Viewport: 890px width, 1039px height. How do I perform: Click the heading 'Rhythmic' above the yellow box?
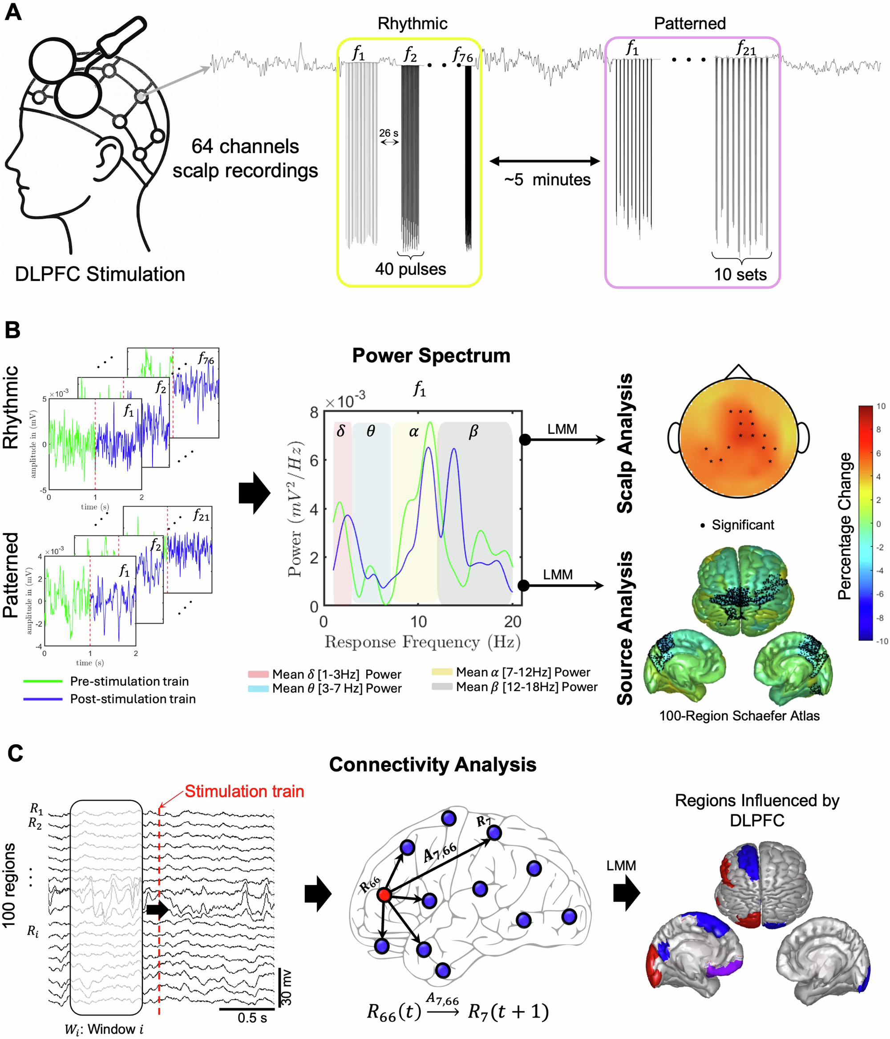click(x=412, y=24)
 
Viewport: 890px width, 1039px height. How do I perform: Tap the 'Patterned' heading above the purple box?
click(x=690, y=24)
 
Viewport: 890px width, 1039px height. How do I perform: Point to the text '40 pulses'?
click(x=410, y=269)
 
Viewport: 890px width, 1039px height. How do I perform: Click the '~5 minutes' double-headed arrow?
click(x=545, y=161)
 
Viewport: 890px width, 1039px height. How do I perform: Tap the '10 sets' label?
click(x=740, y=274)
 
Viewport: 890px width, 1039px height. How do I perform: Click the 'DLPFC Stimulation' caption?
click(x=100, y=274)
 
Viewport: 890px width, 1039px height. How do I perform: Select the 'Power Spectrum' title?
click(x=431, y=355)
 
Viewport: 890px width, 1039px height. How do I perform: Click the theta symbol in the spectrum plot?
click(x=370, y=431)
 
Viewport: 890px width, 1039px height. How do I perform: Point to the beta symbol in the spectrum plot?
click(x=473, y=431)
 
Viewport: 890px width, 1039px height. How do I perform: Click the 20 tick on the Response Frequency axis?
click(x=512, y=622)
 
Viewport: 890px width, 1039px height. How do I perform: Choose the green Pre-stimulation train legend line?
click(x=43, y=681)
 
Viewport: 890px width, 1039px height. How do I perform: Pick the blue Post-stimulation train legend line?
click(x=43, y=698)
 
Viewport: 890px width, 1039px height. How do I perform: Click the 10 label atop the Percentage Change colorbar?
click(x=881, y=406)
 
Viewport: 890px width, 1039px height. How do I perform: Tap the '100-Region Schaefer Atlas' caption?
click(x=739, y=716)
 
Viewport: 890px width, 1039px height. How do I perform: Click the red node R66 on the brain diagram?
click(x=384, y=895)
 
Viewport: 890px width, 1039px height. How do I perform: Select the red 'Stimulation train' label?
click(x=245, y=791)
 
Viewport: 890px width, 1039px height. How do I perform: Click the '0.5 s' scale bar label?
click(x=252, y=1018)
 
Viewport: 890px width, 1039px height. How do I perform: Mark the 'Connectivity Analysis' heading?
click(x=433, y=765)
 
